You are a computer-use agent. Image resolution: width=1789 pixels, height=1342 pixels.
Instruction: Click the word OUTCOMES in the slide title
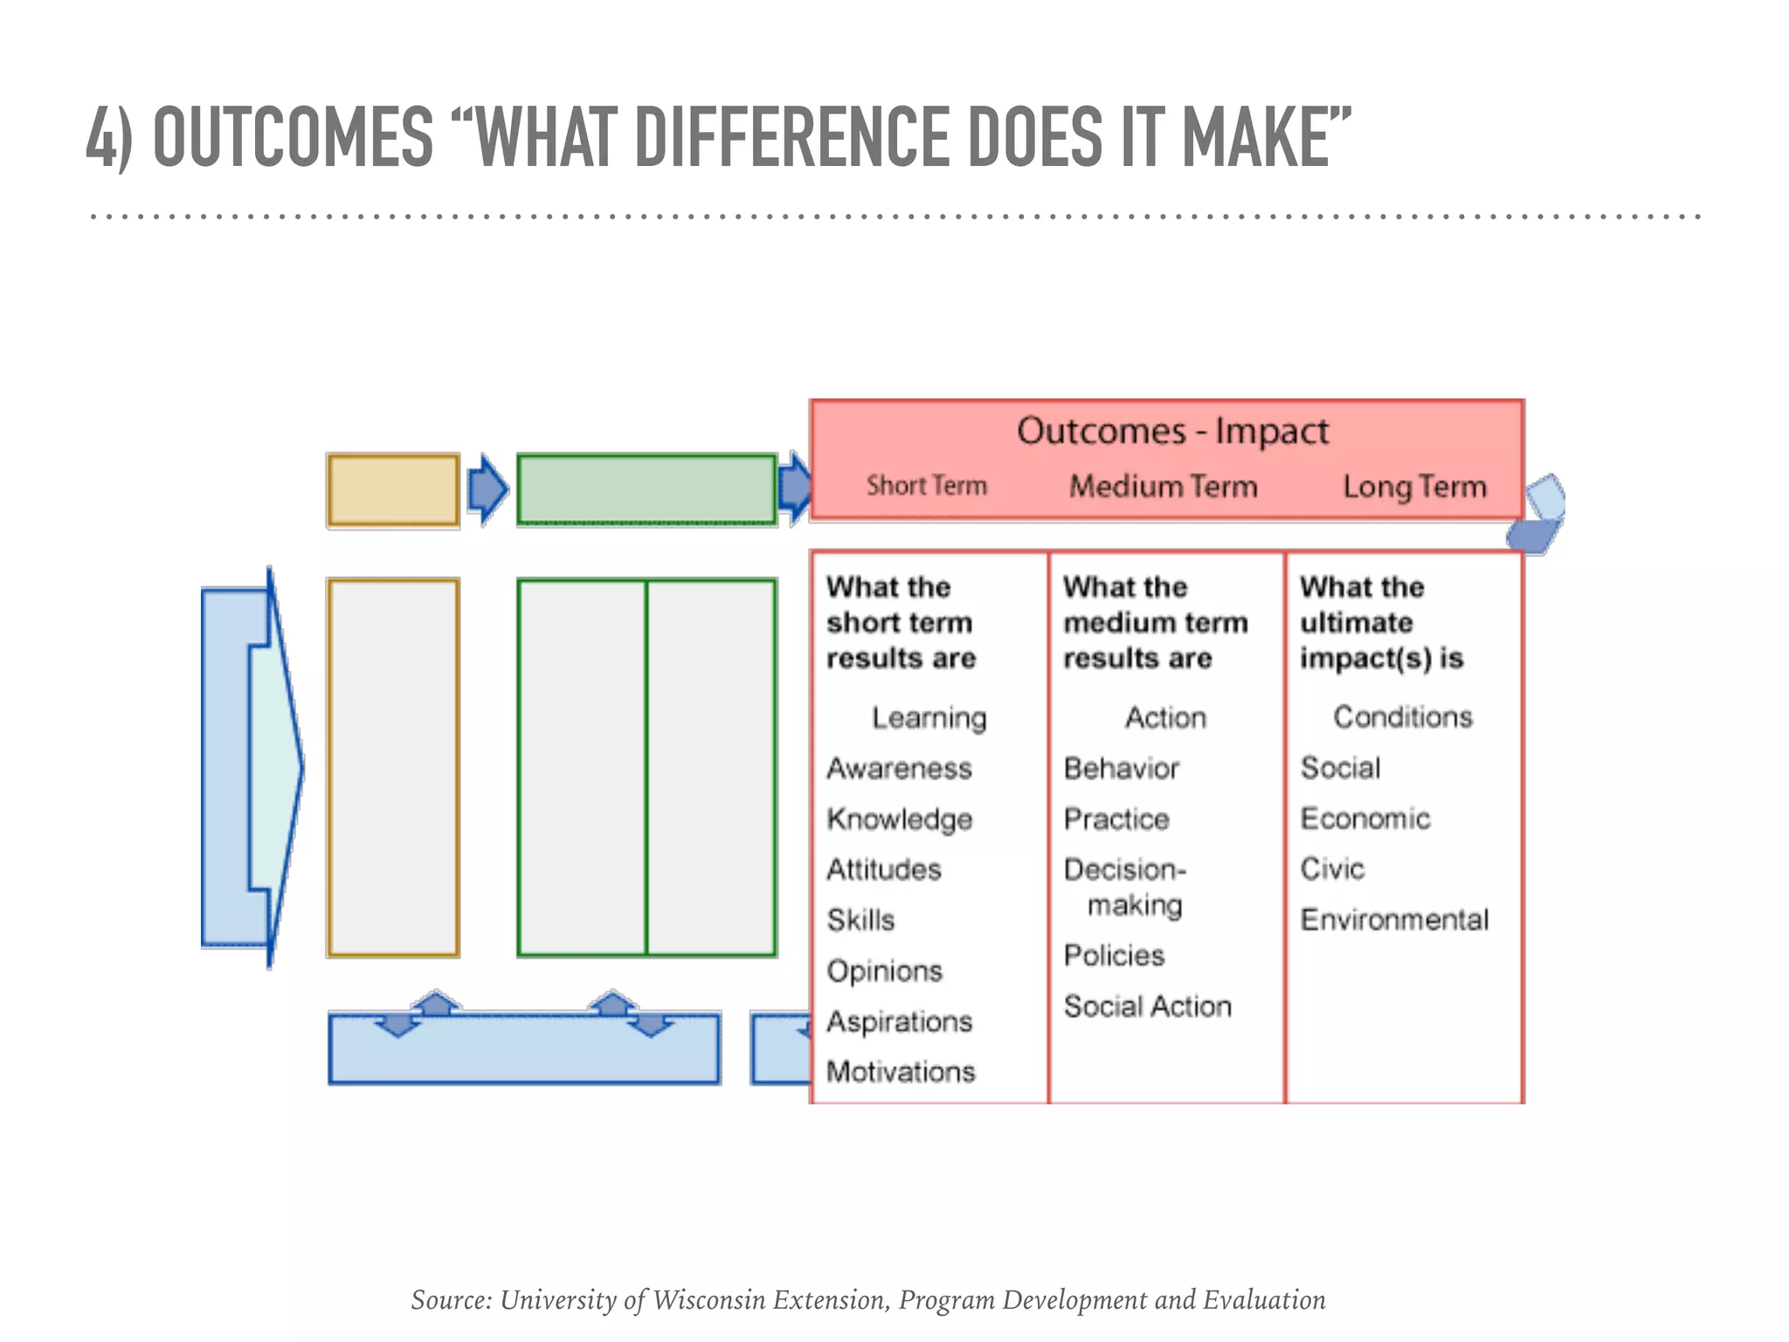[293, 137]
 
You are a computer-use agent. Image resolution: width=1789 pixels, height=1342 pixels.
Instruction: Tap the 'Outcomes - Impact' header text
[1172, 432]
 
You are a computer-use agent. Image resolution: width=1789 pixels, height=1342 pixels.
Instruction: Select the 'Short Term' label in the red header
[926, 486]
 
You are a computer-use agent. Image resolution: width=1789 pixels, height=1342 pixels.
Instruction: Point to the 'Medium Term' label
[1164, 487]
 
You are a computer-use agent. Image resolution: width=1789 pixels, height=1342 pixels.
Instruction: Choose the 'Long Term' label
[1414, 487]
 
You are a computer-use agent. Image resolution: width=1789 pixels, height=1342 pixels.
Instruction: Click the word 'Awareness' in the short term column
[899, 769]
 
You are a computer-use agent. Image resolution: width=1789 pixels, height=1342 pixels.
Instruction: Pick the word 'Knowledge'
[900, 820]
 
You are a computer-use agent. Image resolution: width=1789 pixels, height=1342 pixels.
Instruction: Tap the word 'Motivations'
[901, 1072]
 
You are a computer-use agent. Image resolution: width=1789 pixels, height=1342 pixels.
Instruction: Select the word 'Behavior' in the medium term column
[1122, 769]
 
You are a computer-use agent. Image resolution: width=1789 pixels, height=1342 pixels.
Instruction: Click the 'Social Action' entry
[1147, 1006]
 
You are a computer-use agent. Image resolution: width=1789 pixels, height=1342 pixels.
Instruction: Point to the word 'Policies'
[1114, 956]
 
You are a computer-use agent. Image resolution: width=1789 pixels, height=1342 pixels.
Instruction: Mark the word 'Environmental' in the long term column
[1394, 920]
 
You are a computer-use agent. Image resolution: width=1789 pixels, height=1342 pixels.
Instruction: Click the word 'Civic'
[1332, 869]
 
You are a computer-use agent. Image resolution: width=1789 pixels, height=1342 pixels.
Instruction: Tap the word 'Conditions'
[1402, 717]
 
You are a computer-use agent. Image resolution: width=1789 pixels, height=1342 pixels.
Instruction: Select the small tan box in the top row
[393, 490]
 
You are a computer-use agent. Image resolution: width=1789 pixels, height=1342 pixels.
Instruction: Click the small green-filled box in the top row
[646, 490]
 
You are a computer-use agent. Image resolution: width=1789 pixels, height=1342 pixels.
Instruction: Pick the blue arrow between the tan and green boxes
[487, 489]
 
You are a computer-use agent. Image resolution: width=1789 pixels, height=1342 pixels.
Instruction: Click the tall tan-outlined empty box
[393, 767]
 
